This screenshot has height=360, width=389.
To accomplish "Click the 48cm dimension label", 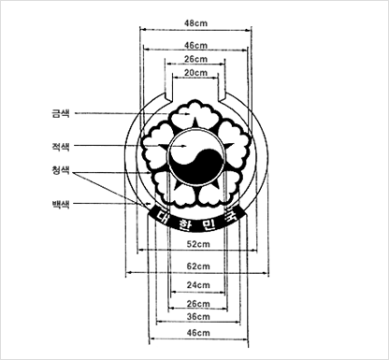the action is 195,23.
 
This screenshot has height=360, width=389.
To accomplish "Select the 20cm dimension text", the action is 195,73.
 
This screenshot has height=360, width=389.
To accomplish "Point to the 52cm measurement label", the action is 198,244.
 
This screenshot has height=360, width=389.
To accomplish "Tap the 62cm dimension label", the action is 198,266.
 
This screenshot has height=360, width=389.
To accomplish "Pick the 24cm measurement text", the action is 198,285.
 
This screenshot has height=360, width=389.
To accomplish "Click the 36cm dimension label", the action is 198,317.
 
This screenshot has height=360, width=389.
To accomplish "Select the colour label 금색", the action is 61,113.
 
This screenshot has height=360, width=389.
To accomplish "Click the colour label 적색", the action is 61,146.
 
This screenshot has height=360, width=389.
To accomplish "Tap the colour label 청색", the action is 61,170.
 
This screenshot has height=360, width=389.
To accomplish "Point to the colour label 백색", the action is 61,205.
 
